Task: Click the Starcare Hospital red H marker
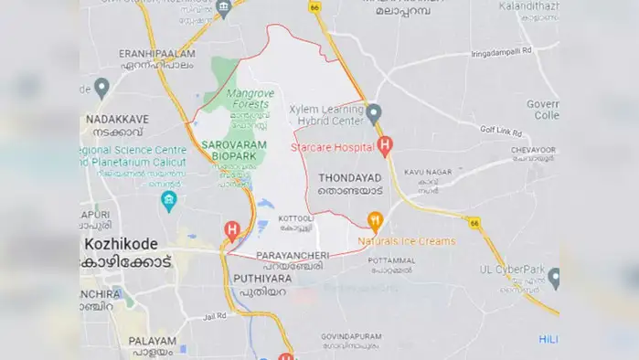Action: pos(385,144)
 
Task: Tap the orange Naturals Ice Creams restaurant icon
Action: pos(374,221)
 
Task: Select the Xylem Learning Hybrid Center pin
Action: pos(374,113)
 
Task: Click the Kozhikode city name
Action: pos(121,245)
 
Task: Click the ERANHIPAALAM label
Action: pos(156,55)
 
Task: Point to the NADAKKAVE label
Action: pos(116,119)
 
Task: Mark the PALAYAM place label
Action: pos(151,341)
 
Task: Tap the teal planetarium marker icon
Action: pos(168,200)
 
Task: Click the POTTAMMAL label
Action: pos(391,260)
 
